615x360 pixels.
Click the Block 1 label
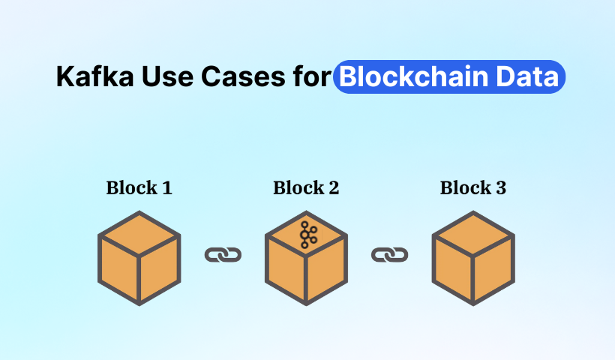(139, 187)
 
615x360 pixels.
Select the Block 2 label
(306, 187)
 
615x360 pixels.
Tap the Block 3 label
(473, 187)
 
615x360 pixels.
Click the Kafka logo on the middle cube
(307, 235)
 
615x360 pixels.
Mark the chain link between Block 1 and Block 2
(223, 255)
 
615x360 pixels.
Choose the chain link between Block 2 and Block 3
(389, 255)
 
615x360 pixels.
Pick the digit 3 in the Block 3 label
(500, 187)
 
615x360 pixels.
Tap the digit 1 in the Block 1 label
(166, 187)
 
